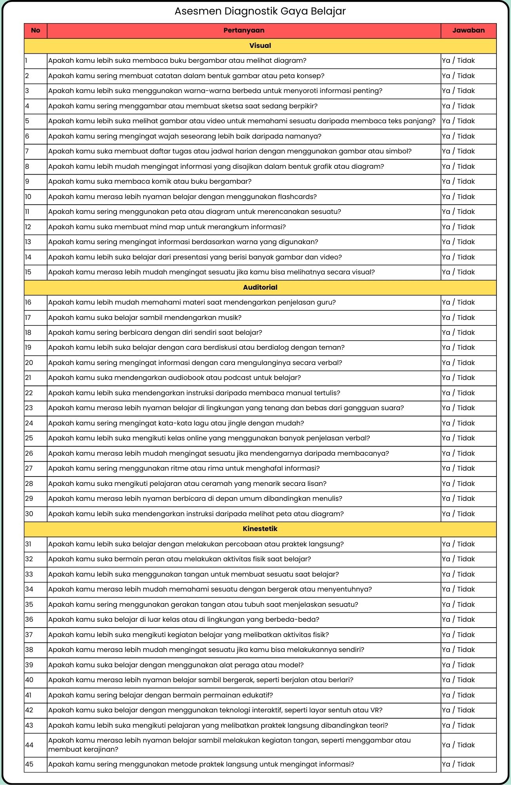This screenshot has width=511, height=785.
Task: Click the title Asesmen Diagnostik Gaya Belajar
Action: (x=260, y=11)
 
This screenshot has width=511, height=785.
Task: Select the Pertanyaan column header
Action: (x=244, y=31)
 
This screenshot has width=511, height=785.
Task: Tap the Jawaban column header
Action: (x=468, y=31)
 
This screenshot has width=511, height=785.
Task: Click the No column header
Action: (x=35, y=31)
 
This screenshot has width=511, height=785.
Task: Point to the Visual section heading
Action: (x=260, y=46)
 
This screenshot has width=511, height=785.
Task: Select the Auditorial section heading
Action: (x=260, y=287)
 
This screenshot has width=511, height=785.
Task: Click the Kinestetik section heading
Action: (x=260, y=529)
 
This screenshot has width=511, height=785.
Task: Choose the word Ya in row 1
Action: (x=446, y=61)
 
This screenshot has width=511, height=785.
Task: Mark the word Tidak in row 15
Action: (x=466, y=272)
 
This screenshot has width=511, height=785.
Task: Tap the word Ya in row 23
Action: (x=446, y=408)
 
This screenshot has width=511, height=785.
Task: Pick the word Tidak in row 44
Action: (x=466, y=745)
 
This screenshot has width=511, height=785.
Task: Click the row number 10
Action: (x=28, y=197)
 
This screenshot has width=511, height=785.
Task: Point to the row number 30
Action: (x=29, y=514)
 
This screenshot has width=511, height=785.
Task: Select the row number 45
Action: (x=29, y=764)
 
